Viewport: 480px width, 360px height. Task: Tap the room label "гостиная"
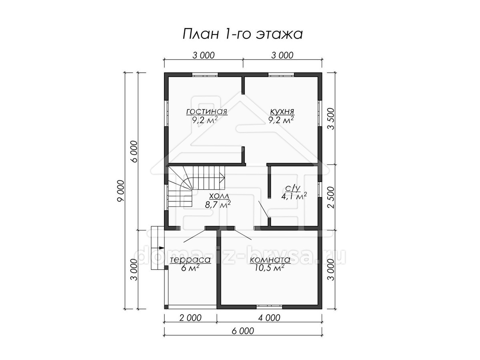tap(207, 112)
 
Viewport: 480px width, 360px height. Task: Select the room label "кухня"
tap(282, 112)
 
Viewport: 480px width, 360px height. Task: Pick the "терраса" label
tap(190, 260)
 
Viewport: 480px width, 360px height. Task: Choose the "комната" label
tap(270, 260)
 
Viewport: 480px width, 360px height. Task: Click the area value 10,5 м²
tap(270, 268)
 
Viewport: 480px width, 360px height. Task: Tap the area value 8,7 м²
tap(218, 204)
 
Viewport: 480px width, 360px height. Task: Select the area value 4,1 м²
tap(294, 196)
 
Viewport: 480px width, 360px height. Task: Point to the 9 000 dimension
tap(120, 191)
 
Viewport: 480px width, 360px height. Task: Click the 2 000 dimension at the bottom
tap(190, 318)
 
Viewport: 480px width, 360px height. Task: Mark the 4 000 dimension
tap(269, 318)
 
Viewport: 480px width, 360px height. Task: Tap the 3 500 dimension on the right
tap(332, 119)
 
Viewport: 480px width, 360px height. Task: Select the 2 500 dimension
tap(332, 197)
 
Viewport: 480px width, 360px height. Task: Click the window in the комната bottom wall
tap(269, 306)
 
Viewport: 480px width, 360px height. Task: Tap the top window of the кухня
tap(281, 74)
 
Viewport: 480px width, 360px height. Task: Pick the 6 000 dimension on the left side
tap(134, 151)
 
